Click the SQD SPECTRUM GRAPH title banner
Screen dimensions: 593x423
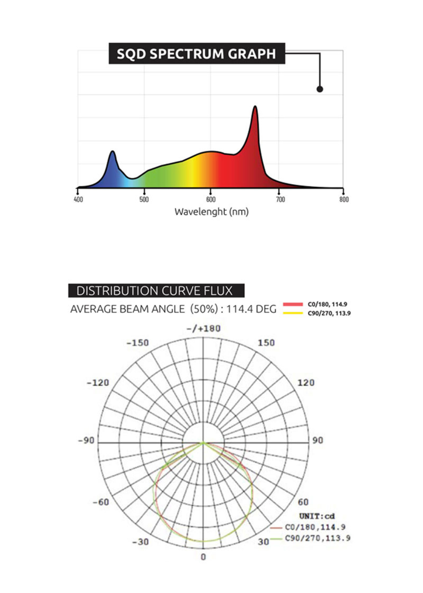[197, 54]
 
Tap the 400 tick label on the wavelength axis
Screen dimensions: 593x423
[78, 200]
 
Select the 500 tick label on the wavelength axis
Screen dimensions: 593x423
[144, 200]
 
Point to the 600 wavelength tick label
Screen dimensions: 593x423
[211, 200]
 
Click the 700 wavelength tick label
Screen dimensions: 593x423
[280, 200]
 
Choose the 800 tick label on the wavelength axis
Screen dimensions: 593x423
[344, 200]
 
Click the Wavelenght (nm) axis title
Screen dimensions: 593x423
[211, 212]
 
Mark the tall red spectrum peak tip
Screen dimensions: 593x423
[255, 106]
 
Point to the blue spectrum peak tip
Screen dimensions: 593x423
[112, 151]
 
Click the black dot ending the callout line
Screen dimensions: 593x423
[320, 89]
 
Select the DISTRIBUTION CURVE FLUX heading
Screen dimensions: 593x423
[154, 291]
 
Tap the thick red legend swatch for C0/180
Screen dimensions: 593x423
[293, 304]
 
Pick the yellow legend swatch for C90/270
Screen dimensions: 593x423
[293, 313]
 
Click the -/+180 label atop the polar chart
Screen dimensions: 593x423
[203, 329]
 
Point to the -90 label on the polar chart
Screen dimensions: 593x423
[86, 440]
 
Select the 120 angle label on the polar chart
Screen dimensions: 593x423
[306, 383]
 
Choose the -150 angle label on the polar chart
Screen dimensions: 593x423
[137, 343]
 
